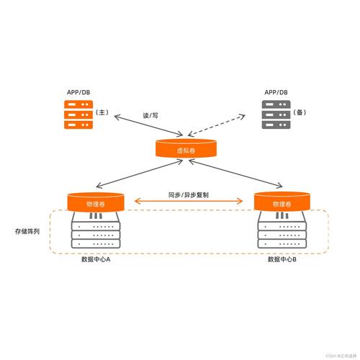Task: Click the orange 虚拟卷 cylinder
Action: click(x=186, y=150)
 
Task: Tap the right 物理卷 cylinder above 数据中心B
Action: click(x=282, y=202)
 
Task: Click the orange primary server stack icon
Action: click(x=78, y=114)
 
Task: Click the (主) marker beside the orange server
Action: click(x=104, y=114)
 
